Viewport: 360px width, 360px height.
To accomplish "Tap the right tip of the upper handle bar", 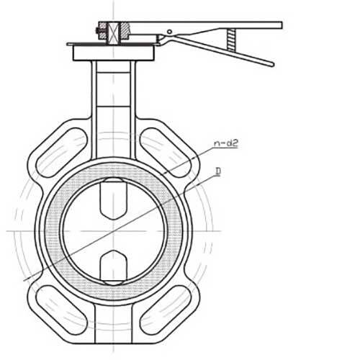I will coord(279,25).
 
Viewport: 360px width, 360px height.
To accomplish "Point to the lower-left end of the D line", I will coord(26,279).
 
